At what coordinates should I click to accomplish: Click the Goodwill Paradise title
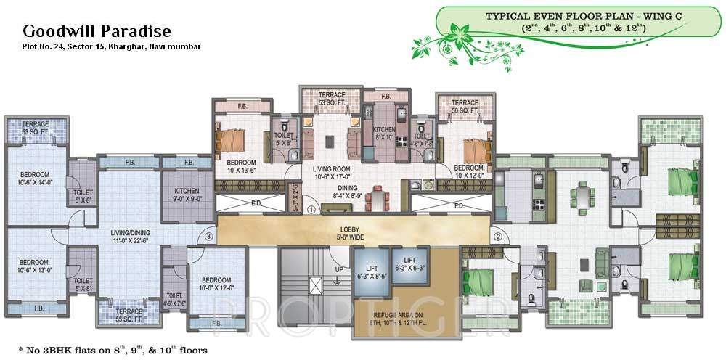(97, 31)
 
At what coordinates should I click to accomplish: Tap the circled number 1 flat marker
(310, 210)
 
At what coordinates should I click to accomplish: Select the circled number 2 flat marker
(499, 235)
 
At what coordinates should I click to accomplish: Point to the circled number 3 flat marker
(208, 235)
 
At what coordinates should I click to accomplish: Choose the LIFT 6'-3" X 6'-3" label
(409, 263)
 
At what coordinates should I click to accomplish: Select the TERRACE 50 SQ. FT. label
(465, 107)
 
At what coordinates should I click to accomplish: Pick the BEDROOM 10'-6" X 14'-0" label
(34, 179)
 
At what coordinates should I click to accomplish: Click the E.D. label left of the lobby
(256, 204)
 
